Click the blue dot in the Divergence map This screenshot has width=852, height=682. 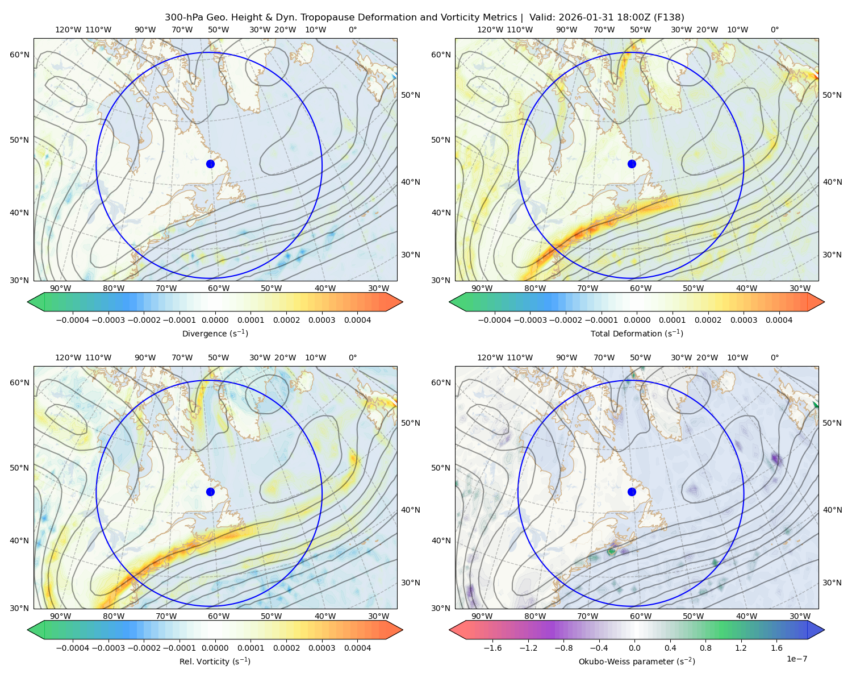(210, 164)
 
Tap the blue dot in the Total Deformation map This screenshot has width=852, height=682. (632, 164)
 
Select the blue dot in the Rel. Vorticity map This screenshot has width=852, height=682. (210, 492)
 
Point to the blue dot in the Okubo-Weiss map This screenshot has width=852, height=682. (632, 492)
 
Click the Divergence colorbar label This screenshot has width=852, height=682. (215, 333)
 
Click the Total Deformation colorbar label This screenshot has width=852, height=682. (637, 333)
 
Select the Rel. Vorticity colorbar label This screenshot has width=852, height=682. (215, 661)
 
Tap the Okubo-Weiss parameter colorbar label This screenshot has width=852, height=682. (637, 661)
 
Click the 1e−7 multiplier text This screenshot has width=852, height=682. (796, 659)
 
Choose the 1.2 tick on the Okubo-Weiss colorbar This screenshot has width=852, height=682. (741, 647)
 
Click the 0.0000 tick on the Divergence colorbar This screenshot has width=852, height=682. (215, 320)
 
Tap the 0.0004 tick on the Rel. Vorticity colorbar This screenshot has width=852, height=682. (357, 647)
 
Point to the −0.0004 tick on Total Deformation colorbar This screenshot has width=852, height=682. (495, 320)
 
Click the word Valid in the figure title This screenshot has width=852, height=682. (540, 18)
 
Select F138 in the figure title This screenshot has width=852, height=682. (669, 18)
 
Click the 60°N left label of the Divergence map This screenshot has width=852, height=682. (19, 55)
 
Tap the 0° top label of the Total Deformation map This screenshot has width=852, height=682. (774, 30)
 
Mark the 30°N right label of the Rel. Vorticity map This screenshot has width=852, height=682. (411, 583)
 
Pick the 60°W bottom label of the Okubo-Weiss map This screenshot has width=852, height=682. (640, 616)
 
